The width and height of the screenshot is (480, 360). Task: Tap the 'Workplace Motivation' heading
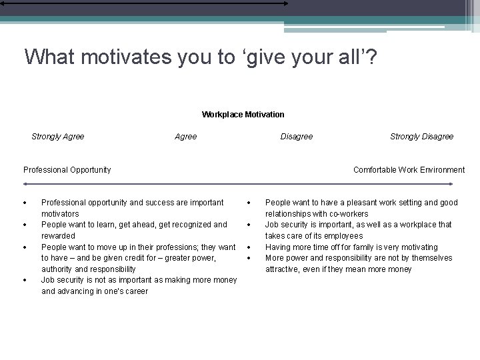point(243,115)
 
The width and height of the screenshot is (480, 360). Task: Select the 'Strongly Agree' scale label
point(58,137)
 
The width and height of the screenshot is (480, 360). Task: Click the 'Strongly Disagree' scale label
point(421,137)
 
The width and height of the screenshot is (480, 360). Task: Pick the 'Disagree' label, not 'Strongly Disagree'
point(296,137)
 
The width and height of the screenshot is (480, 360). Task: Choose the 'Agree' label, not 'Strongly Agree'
point(185,137)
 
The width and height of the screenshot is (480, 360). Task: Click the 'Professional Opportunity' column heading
point(67,170)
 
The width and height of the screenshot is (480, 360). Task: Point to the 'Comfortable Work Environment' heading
point(409,170)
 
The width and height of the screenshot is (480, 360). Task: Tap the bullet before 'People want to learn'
point(23,225)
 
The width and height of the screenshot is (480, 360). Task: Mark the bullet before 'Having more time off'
point(247,247)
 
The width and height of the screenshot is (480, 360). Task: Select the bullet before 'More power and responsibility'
point(247,258)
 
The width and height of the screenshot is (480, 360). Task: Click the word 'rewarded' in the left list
point(58,236)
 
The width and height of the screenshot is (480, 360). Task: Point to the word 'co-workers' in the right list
point(347,214)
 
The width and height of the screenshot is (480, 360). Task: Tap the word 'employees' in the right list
point(344,236)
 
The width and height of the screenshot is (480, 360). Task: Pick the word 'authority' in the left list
point(58,269)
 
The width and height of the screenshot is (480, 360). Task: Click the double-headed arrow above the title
point(144,3)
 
